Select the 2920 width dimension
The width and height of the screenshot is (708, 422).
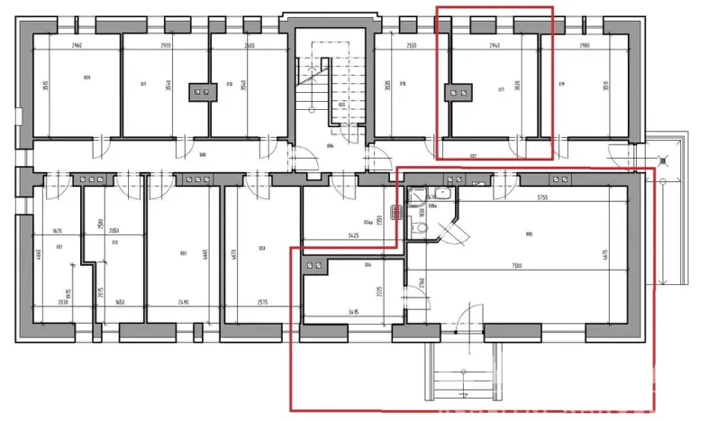164,43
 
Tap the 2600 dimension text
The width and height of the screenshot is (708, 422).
248,43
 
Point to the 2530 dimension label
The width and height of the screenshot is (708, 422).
412,43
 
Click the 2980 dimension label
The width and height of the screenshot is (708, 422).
585,43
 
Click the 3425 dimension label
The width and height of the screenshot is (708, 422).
351,236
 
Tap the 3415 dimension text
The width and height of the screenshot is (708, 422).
351,313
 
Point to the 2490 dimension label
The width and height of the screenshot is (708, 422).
183,304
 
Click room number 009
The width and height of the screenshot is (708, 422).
86,78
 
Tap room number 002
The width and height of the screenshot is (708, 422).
183,253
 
